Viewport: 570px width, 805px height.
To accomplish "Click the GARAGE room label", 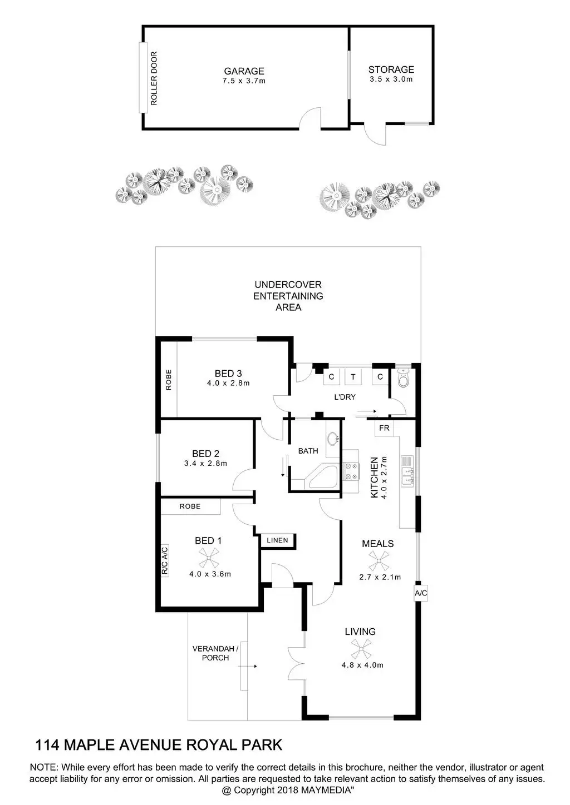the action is pyautogui.click(x=244, y=71).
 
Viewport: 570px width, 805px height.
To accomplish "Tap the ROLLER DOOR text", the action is pyautogui.click(x=154, y=78).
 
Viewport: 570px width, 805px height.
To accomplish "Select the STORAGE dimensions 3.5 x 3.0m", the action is pyautogui.click(x=391, y=79).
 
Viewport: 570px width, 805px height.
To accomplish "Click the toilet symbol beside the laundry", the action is pyautogui.click(x=403, y=378).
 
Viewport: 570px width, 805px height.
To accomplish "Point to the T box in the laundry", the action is pyautogui.click(x=352, y=377).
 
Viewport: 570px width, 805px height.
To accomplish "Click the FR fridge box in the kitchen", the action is pyautogui.click(x=384, y=428).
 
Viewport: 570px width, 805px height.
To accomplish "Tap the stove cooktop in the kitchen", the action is pyautogui.click(x=351, y=471).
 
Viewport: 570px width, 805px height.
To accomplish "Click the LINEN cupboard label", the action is pyautogui.click(x=277, y=540).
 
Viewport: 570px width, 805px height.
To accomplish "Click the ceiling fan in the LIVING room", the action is pyautogui.click(x=360, y=648).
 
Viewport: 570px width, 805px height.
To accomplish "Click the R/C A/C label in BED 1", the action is pyautogui.click(x=165, y=560).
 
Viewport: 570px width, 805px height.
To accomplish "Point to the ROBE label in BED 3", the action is pyautogui.click(x=169, y=379).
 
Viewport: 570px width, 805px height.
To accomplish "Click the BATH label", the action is pyautogui.click(x=308, y=451).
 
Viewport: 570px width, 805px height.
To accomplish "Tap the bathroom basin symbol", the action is pyautogui.click(x=333, y=439).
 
